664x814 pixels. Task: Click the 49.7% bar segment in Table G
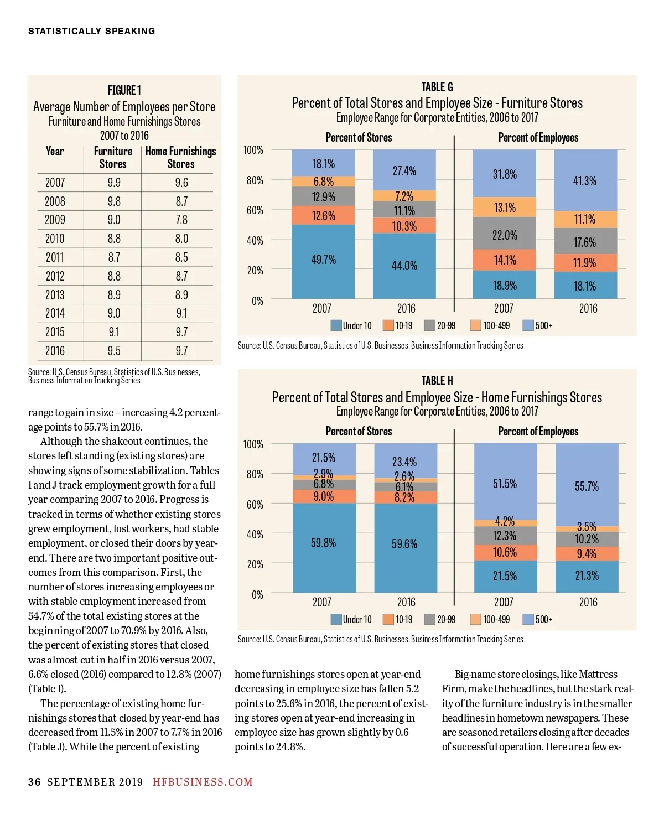pyautogui.click(x=323, y=260)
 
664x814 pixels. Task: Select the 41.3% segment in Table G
pyautogui.click(x=585, y=181)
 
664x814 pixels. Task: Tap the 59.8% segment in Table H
pyautogui.click(x=324, y=543)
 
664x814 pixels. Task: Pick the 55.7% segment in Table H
pyautogui.click(x=587, y=486)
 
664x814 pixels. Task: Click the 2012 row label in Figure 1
pyautogui.click(x=55, y=276)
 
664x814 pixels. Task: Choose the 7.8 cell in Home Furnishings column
pyautogui.click(x=181, y=220)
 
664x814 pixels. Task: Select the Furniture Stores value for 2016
pyautogui.click(x=114, y=351)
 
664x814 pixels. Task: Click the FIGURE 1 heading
pyautogui.click(x=124, y=90)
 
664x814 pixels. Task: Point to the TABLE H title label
pyautogui.click(x=437, y=381)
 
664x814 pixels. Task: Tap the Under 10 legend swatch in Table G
pyautogui.click(x=336, y=325)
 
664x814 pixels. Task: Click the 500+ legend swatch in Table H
pyautogui.click(x=528, y=619)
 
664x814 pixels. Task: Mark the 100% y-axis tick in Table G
pyautogui.click(x=253, y=150)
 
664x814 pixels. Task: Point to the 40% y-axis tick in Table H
pyautogui.click(x=255, y=535)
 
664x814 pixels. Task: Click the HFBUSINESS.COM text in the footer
pyautogui.click(x=203, y=782)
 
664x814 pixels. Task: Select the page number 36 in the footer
pyautogui.click(x=34, y=782)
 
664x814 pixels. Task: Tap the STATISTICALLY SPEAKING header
pyautogui.click(x=92, y=31)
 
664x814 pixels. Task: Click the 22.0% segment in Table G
pyautogui.click(x=505, y=235)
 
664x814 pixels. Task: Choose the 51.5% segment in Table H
pyautogui.click(x=505, y=484)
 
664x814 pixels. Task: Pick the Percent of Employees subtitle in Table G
pyautogui.click(x=538, y=138)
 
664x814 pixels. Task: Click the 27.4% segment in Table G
pyautogui.click(x=404, y=171)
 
